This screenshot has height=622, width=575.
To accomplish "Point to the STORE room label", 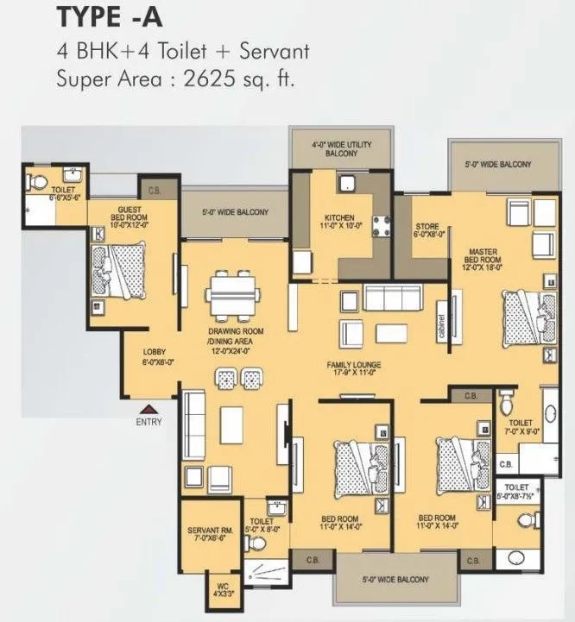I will coord(428,229).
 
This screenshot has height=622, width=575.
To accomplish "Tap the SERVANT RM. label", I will coord(207,535).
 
